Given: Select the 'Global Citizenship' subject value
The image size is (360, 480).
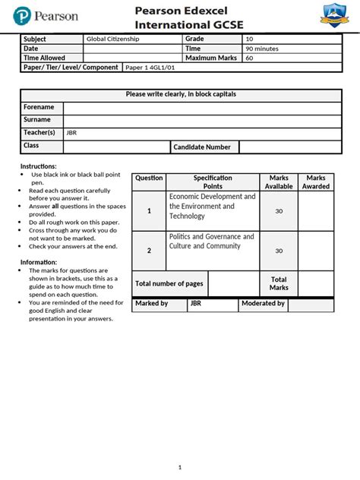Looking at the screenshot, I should click(x=112, y=39).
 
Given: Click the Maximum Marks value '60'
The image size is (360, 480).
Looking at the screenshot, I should click(x=250, y=58).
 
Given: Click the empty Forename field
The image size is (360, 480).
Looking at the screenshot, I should click(x=198, y=108).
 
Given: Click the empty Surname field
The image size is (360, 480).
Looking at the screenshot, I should click(x=198, y=120).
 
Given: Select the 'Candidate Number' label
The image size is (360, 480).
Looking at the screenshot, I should click(x=202, y=147).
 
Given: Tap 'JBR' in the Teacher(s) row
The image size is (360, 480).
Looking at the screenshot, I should click(x=72, y=133).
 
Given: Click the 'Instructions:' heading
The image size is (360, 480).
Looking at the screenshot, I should click(x=38, y=166).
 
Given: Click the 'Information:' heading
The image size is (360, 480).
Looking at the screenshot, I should click(x=39, y=262).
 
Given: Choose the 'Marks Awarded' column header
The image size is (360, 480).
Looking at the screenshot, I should click(x=316, y=182).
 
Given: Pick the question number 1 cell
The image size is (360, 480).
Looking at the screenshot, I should click(x=149, y=211).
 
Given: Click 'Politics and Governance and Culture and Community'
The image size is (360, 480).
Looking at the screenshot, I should click(x=211, y=242).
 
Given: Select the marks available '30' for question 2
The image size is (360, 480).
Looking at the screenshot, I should click(x=279, y=251).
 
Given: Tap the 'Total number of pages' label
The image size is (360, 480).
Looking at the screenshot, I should click(x=169, y=283).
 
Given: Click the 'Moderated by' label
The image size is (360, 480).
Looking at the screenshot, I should click(x=263, y=304).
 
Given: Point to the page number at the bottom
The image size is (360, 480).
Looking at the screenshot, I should click(x=180, y=466).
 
